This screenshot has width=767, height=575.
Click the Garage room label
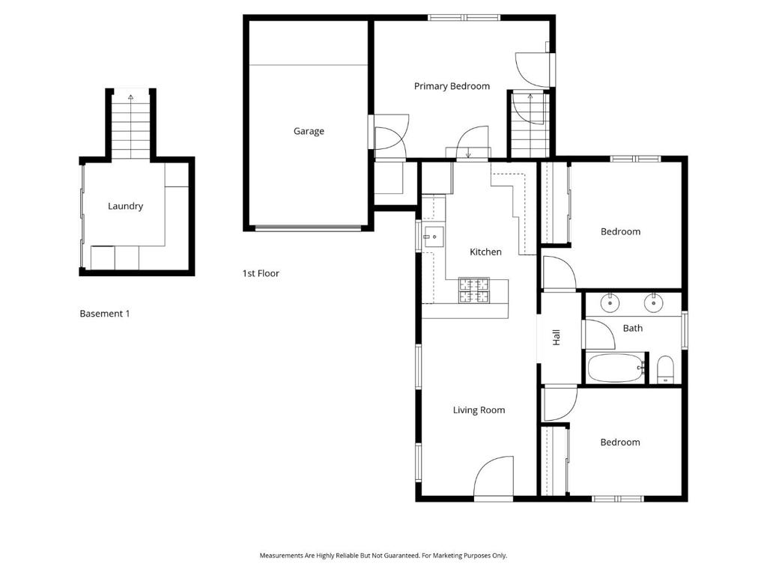pos(309,131)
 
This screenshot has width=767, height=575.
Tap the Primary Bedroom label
pos(452,86)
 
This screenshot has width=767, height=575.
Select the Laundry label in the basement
pos(125,206)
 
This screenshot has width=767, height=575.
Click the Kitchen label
pos(485,252)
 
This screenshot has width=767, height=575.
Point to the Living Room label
pos(479,410)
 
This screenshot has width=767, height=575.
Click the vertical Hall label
pos(557,338)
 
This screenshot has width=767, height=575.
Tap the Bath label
pos(633,328)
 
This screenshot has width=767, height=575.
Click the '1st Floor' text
pos(261,273)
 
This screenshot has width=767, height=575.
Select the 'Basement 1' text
pos(105,314)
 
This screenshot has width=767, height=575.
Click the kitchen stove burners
pos(473,290)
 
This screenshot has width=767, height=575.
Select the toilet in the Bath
pos(665,370)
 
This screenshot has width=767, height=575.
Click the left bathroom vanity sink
pos(611,302)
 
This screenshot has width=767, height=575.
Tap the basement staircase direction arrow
pos(131,97)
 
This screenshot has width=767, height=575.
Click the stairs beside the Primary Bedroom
pos(530,124)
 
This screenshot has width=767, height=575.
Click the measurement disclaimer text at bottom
pos(383,556)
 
